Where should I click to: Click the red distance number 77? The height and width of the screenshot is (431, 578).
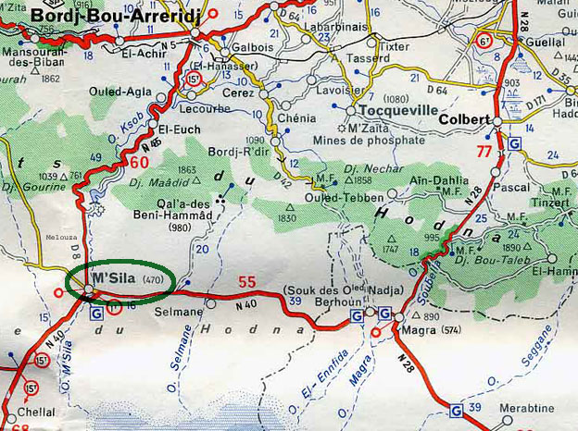pos(483,151)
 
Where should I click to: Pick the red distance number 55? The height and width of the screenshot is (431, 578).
pos(247,282)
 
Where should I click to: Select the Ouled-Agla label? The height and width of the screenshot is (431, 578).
pos(114,92)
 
